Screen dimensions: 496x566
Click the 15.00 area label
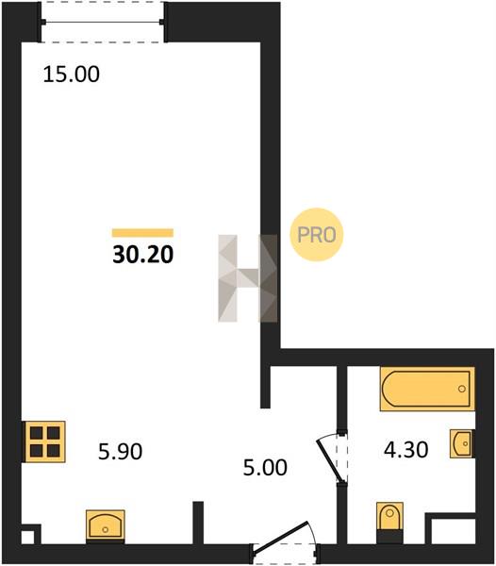point(71,75)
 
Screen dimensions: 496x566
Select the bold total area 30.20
point(142,255)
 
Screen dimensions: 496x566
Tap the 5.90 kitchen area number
point(120,452)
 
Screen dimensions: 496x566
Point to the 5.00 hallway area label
point(265,468)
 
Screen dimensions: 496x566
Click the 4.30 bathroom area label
point(405,450)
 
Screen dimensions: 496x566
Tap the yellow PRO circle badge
point(316,235)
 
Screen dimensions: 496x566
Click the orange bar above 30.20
point(142,233)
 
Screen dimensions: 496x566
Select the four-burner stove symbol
point(44,441)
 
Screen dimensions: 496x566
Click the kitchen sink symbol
point(105,526)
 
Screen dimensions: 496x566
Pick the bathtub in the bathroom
point(427,389)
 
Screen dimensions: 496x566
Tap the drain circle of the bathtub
point(462,389)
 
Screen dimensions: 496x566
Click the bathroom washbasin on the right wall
point(462,443)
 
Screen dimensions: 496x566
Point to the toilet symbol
point(389,523)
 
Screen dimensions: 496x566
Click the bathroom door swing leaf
point(329,460)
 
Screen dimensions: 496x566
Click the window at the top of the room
point(103,23)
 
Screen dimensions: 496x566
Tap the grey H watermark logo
point(248,278)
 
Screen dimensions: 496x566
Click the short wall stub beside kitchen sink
point(198,523)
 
